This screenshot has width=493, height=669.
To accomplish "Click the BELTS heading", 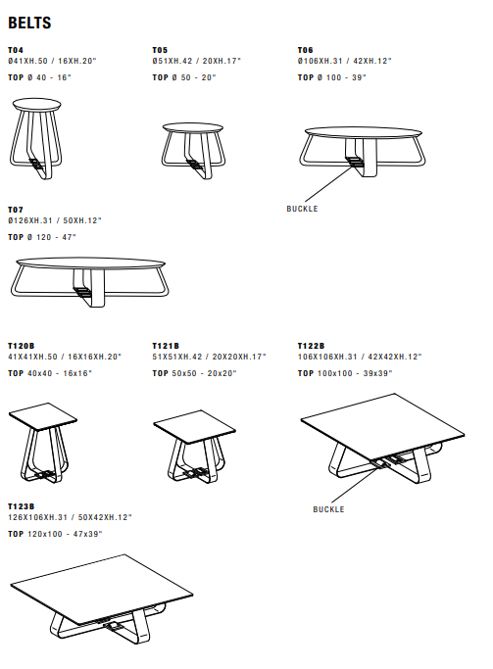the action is tap(29, 23).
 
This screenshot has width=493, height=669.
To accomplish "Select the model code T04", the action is tap(16, 50).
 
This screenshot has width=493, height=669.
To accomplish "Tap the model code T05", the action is tap(160, 50).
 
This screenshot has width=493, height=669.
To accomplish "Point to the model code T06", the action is tap(305, 50).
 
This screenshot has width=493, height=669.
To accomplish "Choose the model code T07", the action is tap(16, 210).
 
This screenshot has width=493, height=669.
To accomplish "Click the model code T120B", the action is tap(21, 346).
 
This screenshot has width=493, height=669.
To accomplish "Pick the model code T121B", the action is tap(166, 346).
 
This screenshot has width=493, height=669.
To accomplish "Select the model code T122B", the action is tap(311, 346).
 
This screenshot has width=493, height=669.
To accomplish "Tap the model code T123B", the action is tap(21, 506).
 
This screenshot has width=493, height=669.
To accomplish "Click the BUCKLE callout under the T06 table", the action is tap(302, 209).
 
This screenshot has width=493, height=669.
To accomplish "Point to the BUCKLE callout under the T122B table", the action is tap(328, 509).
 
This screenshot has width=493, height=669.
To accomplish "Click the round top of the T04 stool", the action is tap(36, 104).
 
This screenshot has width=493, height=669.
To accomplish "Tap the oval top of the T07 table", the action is tap(90, 263).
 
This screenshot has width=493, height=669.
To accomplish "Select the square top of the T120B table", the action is tap(43, 416).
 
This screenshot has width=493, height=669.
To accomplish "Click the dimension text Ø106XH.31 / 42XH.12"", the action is tap(344, 61).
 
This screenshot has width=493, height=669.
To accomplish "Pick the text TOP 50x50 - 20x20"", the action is tap(194, 373).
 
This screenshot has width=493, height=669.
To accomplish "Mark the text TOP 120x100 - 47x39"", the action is tap(55, 534).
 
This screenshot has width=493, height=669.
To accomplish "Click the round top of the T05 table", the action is tap(192, 128).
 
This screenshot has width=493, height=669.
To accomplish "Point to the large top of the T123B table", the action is tap(102, 590).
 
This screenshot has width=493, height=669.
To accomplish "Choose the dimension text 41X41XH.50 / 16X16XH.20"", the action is tap(65, 357).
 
